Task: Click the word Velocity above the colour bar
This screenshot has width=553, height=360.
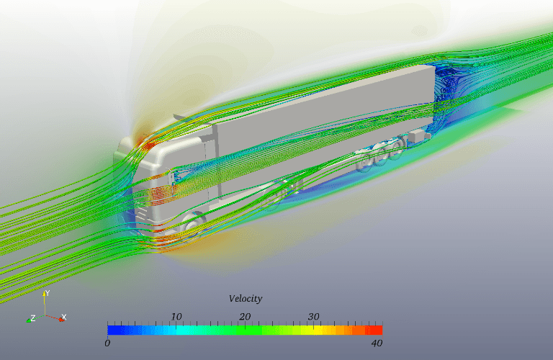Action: pos(245,298)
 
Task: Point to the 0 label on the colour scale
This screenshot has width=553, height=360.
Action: pos(107,343)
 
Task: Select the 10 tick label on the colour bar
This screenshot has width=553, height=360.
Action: pos(176,316)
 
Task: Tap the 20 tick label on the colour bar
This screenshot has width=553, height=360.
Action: pos(245,316)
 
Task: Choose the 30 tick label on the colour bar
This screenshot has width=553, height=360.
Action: pos(313,316)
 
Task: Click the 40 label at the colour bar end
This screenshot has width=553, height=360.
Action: pos(376,343)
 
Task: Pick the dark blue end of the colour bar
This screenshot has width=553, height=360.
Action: pos(112,330)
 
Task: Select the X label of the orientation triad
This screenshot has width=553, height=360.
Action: pos(64,317)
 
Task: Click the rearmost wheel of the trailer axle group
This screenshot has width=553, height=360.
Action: pos(398,147)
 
